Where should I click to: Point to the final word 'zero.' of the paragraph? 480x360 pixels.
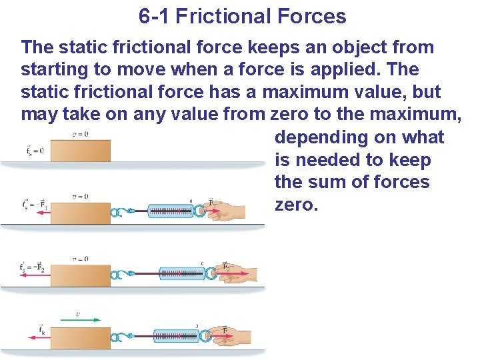[x=296, y=204]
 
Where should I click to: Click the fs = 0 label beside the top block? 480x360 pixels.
[x=35, y=151]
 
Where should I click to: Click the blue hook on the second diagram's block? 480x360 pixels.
[x=121, y=213]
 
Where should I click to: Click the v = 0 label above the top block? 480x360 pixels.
[x=79, y=134]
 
